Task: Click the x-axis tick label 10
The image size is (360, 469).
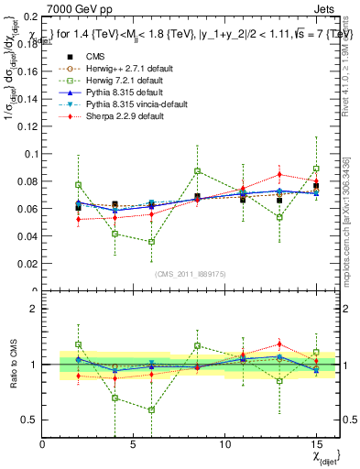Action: click(x=225, y=445)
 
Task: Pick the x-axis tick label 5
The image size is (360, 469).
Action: click(x=134, y=445)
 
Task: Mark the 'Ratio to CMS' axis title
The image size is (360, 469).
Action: click(x=11, y=365)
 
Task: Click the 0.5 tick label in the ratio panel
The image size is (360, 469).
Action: click(x=30, y=420)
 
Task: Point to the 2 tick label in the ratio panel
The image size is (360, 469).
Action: click(x=35, y=309)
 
